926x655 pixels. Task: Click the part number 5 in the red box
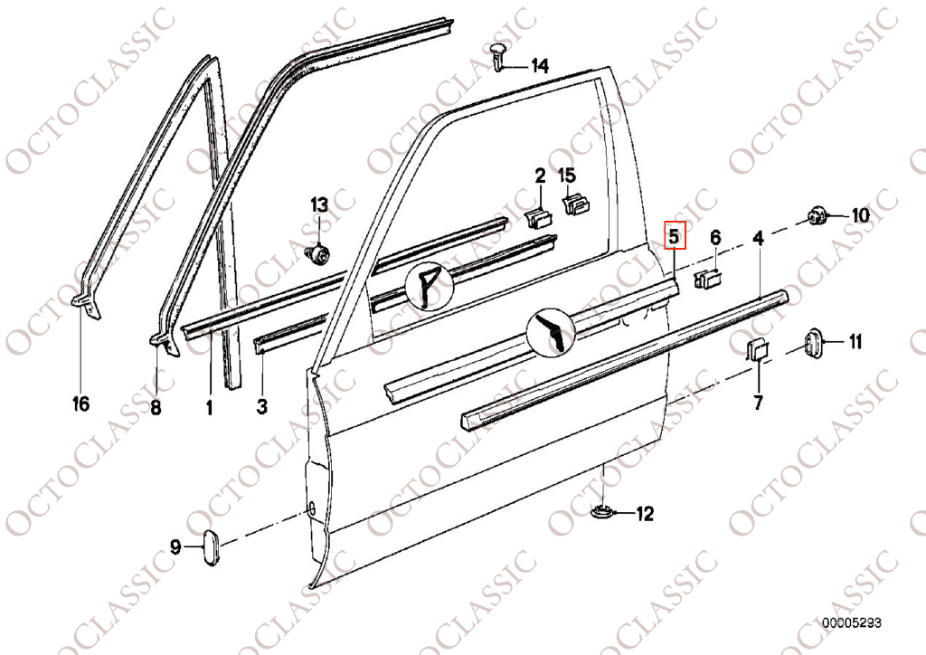click(675, 236)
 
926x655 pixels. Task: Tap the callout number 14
click(539, 66)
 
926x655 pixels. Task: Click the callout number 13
click(319, 205)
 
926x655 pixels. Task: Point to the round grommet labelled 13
click(319, 254)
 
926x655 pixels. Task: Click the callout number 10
click(860, 215)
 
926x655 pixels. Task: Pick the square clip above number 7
click(757, 349)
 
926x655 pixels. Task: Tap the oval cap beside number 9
click(212, 547)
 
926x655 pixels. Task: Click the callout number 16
click(80, 404)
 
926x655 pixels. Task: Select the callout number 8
click(156, 406)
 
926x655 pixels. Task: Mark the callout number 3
click(261, 406)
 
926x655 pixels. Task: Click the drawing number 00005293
click(851, 623)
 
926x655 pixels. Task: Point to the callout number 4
click(759, 238)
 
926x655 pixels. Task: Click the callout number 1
click(209, 406)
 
